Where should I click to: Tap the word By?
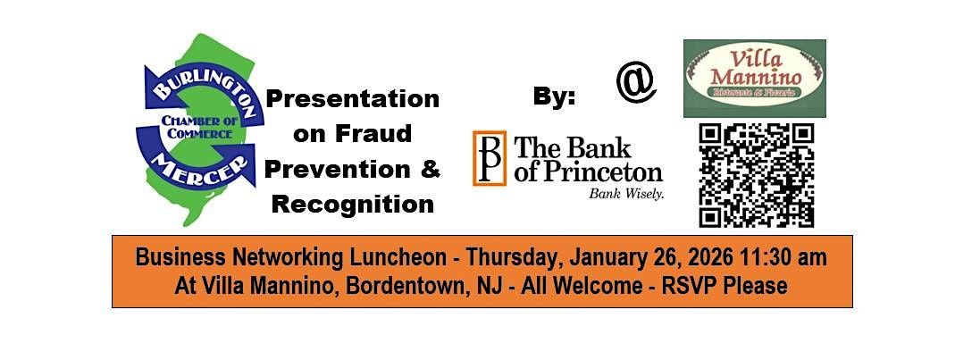click(554, 97)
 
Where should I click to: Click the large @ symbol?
click(635, 83)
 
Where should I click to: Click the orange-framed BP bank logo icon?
click(489, 158)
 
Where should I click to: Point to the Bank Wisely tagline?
click(625, 193)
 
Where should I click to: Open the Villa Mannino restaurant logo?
click(754, 79)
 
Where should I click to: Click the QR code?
click(756, 175)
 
